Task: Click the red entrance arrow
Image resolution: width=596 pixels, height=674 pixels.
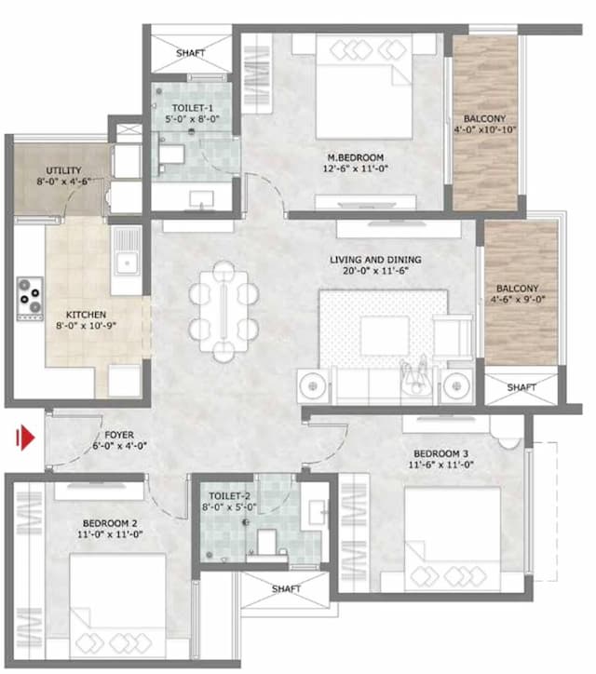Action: (27, 437)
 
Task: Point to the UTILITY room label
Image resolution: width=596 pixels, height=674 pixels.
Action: (64, 170)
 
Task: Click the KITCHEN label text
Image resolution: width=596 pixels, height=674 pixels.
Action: (86, 315)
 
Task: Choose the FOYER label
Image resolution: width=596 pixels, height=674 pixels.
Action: (118, 435)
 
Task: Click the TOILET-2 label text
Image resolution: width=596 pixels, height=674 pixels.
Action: (228, 496)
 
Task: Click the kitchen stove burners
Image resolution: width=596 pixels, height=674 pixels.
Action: (31, 295)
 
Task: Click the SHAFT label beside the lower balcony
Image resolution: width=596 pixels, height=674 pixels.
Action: (521, 387)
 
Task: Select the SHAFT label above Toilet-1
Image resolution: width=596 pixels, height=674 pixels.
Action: (190, 53)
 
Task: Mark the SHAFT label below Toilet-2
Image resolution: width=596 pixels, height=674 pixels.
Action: (286, 589)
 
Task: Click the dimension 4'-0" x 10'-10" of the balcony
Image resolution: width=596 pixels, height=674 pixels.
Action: (485, 130)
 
